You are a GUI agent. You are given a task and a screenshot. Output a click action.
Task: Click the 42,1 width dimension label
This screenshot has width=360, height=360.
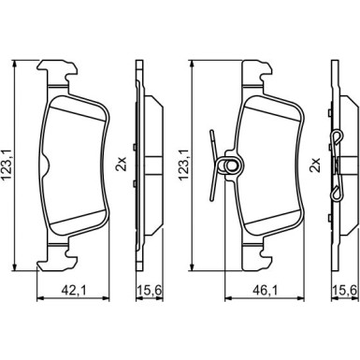[x=74, y=291]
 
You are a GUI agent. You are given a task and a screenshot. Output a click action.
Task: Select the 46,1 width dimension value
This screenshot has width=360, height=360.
[x=265, y=291]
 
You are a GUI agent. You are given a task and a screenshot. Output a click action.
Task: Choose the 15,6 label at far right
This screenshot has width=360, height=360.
[x=344, y=291]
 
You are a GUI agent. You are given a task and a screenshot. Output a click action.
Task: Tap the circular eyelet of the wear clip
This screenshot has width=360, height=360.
[x=231, y=166]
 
